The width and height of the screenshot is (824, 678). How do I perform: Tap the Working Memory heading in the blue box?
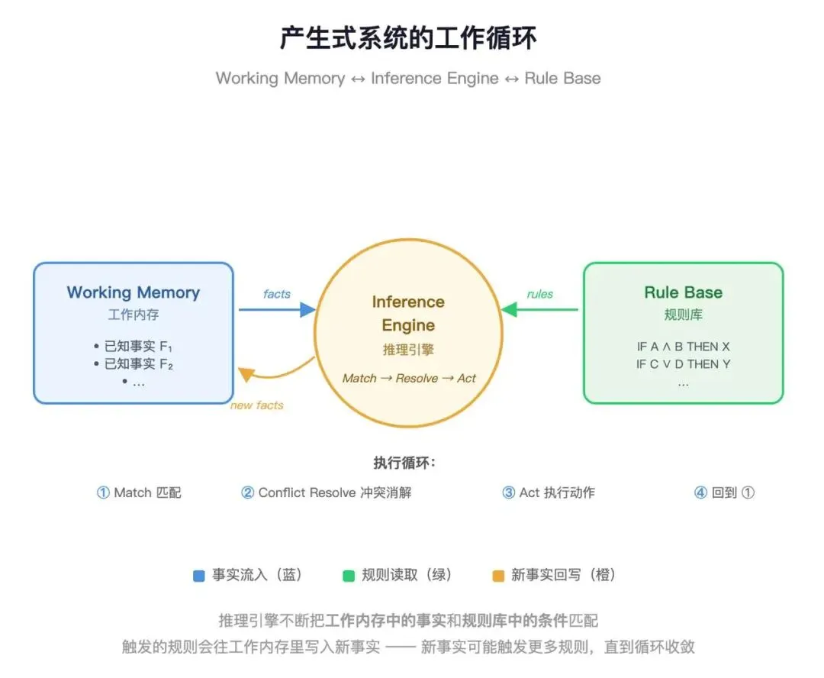click(134, 292)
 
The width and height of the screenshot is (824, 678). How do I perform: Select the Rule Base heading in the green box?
click(683, 292)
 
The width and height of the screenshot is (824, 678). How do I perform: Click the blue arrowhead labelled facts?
click(307, 309)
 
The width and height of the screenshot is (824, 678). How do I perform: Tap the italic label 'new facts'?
click(256, 405)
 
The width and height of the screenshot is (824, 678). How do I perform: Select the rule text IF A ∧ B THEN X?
click(683, 347)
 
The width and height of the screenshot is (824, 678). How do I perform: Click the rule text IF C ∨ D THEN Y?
click(683, 364)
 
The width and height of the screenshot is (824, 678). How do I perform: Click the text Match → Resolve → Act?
click(409, 378)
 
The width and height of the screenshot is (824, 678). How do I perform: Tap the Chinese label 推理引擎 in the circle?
click(408, 350)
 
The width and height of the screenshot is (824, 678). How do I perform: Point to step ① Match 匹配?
click(139, 492)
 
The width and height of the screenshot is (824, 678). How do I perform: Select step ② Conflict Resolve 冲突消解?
click(327, 492)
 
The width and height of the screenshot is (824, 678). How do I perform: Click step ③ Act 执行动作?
click(548, 492)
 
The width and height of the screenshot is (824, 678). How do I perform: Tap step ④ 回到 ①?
click(724, 492)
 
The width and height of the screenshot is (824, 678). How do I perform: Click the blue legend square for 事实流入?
click(199, 576)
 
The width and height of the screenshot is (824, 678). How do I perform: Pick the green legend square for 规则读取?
click(349, 576)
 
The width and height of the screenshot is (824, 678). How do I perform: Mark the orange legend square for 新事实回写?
click(498, 576)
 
